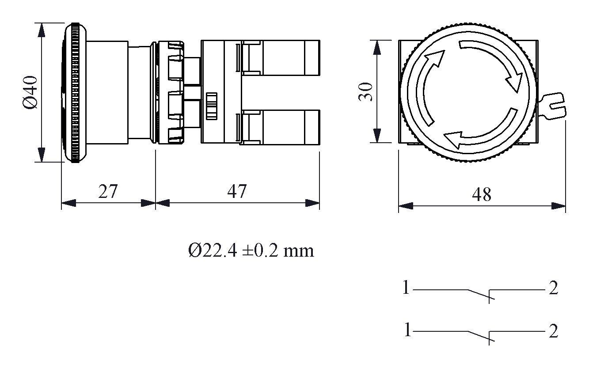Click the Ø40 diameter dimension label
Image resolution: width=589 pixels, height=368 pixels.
[30, 92]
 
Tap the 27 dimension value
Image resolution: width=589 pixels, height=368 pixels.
[107, 191]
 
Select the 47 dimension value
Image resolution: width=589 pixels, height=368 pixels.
[237, 191]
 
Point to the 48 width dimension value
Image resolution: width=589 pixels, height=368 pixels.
[482, 194]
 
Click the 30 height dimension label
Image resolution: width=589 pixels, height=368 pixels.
[365, 92]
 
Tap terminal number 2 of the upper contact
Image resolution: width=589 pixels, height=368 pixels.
[553, 288]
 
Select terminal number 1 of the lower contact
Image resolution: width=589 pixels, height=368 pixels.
[407, 330]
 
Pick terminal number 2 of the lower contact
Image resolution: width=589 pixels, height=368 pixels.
[553, 331]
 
